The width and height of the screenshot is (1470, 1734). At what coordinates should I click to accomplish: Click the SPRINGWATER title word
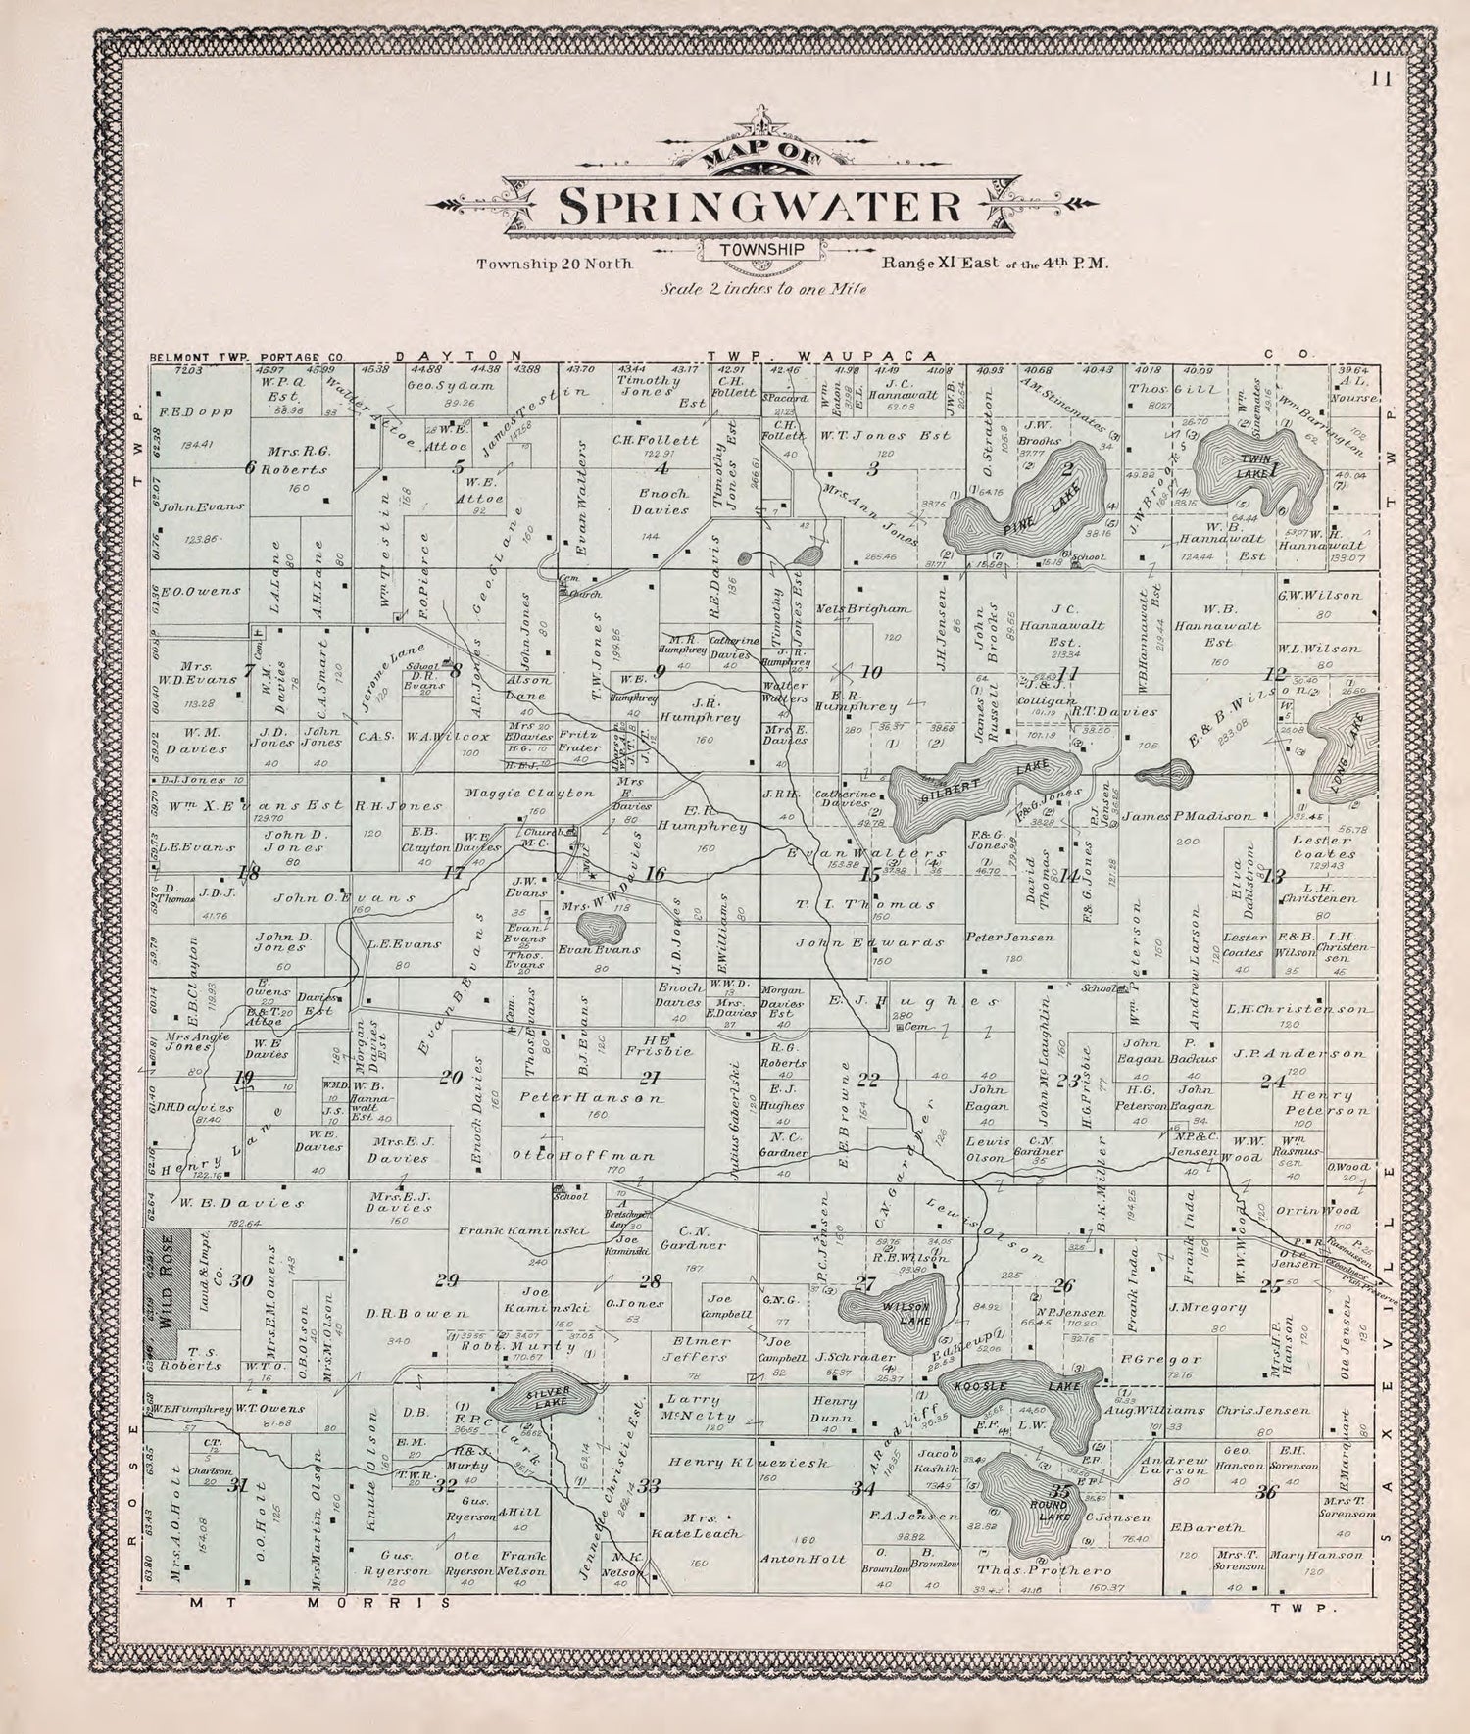[759, 205]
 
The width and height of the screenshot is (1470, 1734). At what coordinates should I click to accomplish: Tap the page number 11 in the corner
[1382, 80]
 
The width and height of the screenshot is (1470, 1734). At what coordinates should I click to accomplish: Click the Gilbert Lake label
[985, 779]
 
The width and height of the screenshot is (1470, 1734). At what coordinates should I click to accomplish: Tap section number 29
[447, 1280]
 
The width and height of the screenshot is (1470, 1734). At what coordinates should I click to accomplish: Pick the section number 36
[1266, 1492]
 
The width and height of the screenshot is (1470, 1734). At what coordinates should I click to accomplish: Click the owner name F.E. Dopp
[205, 410]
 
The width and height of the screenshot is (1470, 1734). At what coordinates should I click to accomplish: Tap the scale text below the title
[761, 289]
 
